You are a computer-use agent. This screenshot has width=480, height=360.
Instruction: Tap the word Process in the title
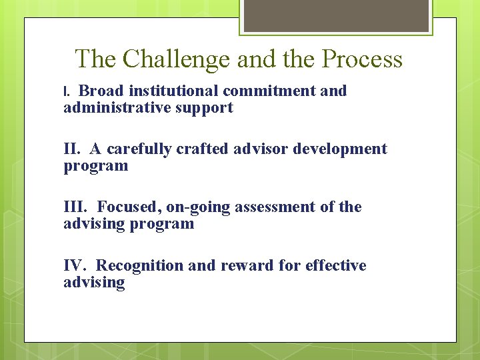pos(362,59)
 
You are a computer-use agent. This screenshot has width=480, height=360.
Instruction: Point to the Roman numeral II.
pos(72,149)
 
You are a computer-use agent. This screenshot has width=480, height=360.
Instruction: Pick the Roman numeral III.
pos(75,207)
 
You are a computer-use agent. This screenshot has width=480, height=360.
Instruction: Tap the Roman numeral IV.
pos(75,265)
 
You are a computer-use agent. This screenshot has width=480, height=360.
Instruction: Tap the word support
pos(203,108)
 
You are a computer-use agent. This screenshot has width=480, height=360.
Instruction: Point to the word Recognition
pos(140,265)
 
